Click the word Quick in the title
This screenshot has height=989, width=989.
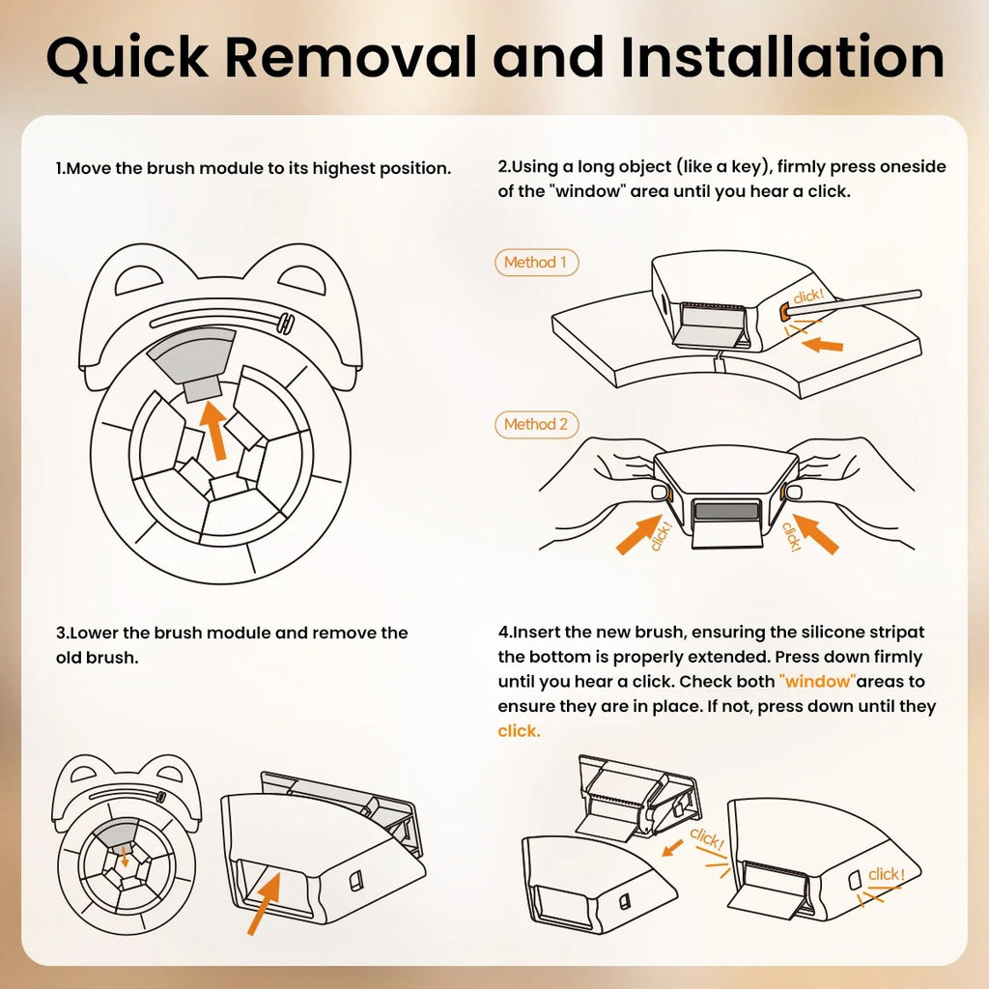127,58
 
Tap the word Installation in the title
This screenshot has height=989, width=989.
782,57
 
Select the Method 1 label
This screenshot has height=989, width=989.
536,263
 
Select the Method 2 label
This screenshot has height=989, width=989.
536,425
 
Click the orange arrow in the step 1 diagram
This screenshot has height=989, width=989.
213,431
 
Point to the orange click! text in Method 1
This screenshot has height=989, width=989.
808,296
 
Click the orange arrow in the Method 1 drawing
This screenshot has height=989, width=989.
822,345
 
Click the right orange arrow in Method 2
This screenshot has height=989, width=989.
815,533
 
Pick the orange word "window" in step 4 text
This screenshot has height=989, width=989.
817,681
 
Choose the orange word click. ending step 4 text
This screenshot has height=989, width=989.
519,731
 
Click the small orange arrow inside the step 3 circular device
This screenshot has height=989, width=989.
125,857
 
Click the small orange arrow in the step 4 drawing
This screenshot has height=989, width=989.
672,848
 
